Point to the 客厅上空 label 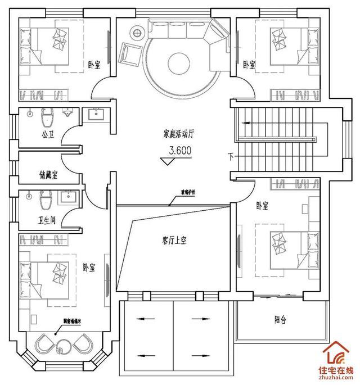pyautogui.click(x=174, y=240)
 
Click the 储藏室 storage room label pyautogui.click(x=49, y=175)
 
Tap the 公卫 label pyautogui.click(x=47, y=135)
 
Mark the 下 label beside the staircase pyautogui.click(x=231, y=155)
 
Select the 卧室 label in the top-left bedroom pyautogui.click(x=94, y=66)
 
